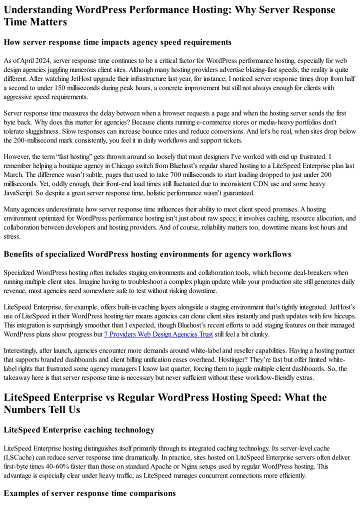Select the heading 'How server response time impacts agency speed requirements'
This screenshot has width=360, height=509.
(x=117, y=42)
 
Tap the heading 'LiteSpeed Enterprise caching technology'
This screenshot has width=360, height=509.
(x=79, y=429)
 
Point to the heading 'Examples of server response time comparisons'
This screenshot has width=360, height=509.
(x=89, y=493)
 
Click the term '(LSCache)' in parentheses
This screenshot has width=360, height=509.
(x=20, y=457)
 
